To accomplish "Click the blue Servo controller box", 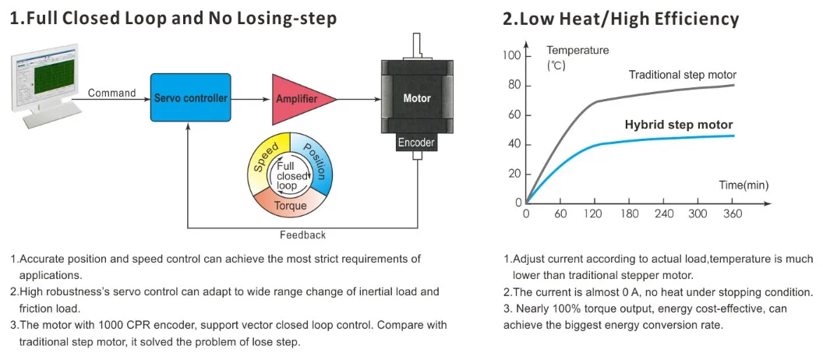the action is coord(191,98).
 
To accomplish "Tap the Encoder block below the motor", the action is coord(416,143).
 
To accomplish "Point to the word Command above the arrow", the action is coord(111,93).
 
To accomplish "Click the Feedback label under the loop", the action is coord(302,235).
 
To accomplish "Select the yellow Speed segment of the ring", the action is coord(266,156).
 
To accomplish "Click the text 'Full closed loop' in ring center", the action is coord(291,176).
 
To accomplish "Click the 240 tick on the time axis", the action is coord(664,214).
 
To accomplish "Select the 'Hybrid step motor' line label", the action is coord(679,125).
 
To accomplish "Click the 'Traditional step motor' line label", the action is coord(682,75).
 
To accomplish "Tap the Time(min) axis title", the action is coord(744,185).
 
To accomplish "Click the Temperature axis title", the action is coord(578,51).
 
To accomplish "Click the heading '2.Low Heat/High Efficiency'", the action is coord(620,19).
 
